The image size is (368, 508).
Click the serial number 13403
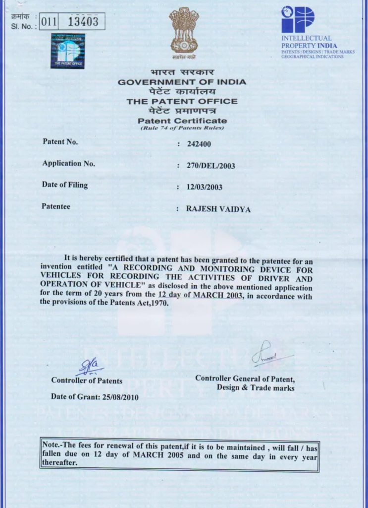point(83,21)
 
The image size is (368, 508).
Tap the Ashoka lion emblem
point(184,30)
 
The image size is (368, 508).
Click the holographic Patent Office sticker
point(68,51)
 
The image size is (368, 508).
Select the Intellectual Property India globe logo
point(298,19)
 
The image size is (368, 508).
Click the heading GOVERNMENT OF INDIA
point(182,82)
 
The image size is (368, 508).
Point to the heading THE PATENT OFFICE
point(182,101)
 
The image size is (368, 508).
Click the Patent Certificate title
point(182,121)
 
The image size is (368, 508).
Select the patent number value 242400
point(198,144)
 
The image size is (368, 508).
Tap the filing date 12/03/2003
point(204,187)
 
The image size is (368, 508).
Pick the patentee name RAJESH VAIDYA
point(218,209)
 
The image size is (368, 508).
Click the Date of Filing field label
point(65,185)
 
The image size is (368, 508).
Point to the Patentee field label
point(56,206)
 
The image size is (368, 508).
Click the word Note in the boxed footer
point(51,445)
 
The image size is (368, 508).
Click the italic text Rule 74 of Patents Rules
point(182,128)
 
